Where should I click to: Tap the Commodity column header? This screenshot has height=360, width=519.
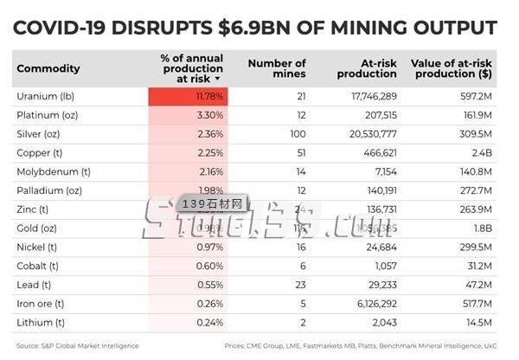click(48, 68)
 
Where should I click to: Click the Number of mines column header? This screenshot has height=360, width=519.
click(277, 68)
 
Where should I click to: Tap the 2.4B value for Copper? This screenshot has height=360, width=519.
click(484, 152)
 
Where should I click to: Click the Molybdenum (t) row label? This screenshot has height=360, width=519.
click(54, 171)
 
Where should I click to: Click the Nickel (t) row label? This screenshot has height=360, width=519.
click(40, 247)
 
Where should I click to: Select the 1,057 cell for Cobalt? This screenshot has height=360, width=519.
click(382, 267)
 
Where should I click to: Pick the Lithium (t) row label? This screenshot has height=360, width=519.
click(42, 323)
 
